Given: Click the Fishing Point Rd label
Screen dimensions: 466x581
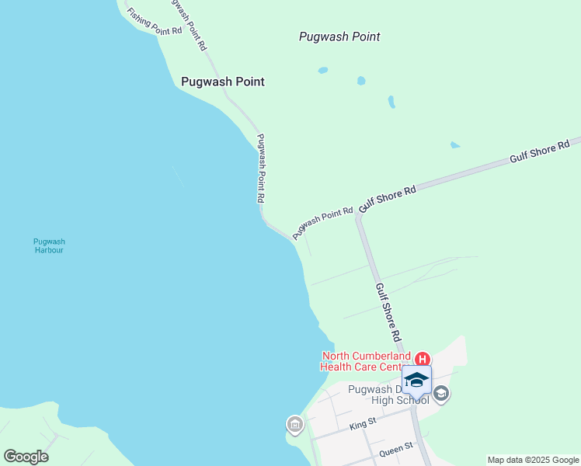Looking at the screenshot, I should (x=155, y=21).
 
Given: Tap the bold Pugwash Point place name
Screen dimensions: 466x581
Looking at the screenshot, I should (x=222, y=82).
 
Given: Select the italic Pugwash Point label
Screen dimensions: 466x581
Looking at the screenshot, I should (x=339, y=37).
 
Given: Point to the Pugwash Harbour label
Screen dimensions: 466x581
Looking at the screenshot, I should (x=49, y=245).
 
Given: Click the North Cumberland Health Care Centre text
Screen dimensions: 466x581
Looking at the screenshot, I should (x=367, y=362).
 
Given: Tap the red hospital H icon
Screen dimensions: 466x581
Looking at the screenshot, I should (x=423, y=359).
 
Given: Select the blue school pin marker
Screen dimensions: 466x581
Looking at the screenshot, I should (x=416, y=381).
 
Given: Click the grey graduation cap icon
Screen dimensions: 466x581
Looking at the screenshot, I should (x=441, y=394).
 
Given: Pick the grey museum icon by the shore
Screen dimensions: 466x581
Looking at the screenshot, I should (x=294, y=425).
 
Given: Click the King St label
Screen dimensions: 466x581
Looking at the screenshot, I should (x=363, y=424).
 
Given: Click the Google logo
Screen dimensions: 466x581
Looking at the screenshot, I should (x=26, y=457).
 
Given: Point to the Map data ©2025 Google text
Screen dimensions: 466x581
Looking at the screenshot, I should (x=534, y=460).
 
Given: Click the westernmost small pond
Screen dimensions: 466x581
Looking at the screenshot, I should (x=322, y=70).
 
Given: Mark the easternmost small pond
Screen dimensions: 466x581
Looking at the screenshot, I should (x=454, y=145).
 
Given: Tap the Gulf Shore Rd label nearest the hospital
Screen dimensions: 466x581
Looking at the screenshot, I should (x=387, y=312).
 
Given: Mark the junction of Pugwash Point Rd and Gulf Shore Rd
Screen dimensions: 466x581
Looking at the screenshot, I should (x=359, y=215).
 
